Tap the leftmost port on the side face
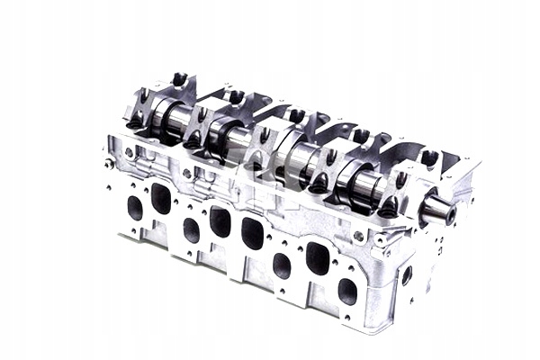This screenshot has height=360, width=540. pos(135,208)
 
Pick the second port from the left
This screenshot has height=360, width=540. pos(161,198)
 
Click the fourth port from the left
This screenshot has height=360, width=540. pos(220,221)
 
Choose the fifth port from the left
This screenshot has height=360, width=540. pos(253,234)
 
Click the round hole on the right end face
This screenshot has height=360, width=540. pos(407,275)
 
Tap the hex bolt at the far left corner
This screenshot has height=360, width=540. pos(109,164)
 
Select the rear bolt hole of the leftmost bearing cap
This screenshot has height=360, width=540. pos(178,78)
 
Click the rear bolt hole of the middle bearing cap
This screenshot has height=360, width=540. pos(295,115)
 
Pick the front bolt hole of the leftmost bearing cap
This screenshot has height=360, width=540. pos(136,121)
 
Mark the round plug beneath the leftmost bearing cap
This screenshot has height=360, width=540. pos(129,152)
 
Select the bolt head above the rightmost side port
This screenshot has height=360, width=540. pos(358,236)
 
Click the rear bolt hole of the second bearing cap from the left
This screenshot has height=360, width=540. pos(236,96)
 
